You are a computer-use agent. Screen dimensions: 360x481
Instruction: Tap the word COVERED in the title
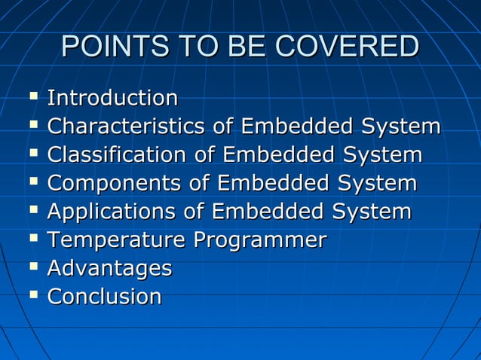coord(347,47)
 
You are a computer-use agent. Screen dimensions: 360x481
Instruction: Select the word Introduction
coord(112,98)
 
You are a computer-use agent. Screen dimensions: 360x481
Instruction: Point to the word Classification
coord(116,155)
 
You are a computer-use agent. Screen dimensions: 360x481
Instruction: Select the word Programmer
coord(260,240)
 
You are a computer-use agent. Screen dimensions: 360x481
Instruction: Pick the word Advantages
coord(109,268)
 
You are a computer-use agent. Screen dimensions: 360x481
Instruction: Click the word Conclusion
coord(104,297)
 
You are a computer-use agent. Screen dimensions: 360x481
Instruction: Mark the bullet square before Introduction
coord(32,97)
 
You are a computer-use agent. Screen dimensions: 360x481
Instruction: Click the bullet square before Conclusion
coord(32,296)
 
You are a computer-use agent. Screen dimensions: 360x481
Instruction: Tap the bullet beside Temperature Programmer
coord(32,239)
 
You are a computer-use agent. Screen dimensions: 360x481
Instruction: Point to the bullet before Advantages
coord(32,267)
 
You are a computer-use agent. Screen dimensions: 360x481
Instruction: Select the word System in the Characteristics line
coord(400,127)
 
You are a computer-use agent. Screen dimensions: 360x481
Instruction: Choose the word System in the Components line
coord(377,184)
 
